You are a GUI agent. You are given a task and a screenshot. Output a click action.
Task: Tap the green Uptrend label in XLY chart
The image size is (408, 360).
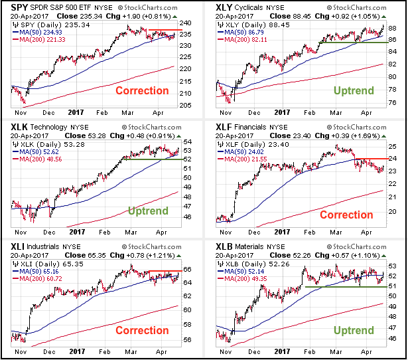[353, 90]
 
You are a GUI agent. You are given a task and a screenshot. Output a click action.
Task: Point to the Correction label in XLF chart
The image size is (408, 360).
[346, 215]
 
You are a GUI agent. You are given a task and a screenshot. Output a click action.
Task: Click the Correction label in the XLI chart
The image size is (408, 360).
[142, 330]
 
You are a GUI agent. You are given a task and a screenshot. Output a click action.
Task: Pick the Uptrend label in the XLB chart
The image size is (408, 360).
[353, 330]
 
